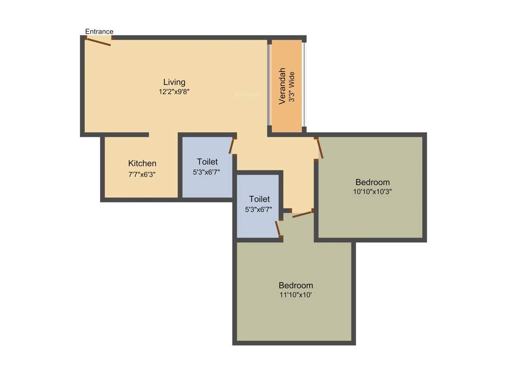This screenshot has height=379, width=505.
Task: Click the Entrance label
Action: coord(99,32)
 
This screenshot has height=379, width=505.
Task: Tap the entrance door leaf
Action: coord(98,42)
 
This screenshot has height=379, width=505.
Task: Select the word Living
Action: coord(174,82)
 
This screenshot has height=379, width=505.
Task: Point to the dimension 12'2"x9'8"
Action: coord(174,91)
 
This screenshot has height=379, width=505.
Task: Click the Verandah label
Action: coord(283,86)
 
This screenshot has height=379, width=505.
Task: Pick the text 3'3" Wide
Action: coord(292,87)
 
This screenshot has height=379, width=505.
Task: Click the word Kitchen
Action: coord(142,163)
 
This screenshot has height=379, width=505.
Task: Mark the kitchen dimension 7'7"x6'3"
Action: coord(142,174)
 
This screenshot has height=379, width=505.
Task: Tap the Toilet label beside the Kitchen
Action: coord(207,162)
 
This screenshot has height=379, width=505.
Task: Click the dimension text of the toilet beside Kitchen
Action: coord(207,172)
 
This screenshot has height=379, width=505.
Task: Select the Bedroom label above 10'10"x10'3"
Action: coord(372,182)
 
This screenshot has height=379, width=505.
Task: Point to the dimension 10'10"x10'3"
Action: coord(372,191)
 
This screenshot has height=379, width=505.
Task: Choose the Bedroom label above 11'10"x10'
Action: coord(295,285)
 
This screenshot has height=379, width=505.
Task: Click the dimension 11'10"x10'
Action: coord(295,295)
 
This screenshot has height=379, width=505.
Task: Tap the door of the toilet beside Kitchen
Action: coord(232,146)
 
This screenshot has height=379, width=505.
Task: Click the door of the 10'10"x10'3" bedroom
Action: coord(320,148)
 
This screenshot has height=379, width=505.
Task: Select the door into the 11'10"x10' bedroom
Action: coord(302,214)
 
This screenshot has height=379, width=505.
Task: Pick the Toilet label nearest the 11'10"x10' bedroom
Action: coord(259,199)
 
